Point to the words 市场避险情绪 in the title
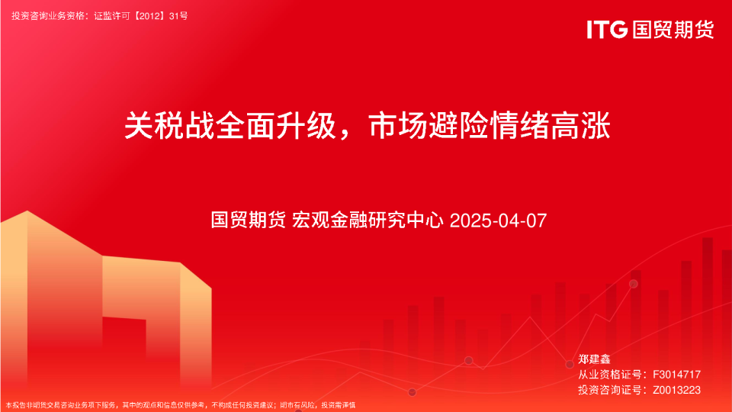point(458,126)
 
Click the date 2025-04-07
point(499,221)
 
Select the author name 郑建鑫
point(594,359)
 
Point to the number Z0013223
point(676,390)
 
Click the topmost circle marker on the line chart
point(633,284)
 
